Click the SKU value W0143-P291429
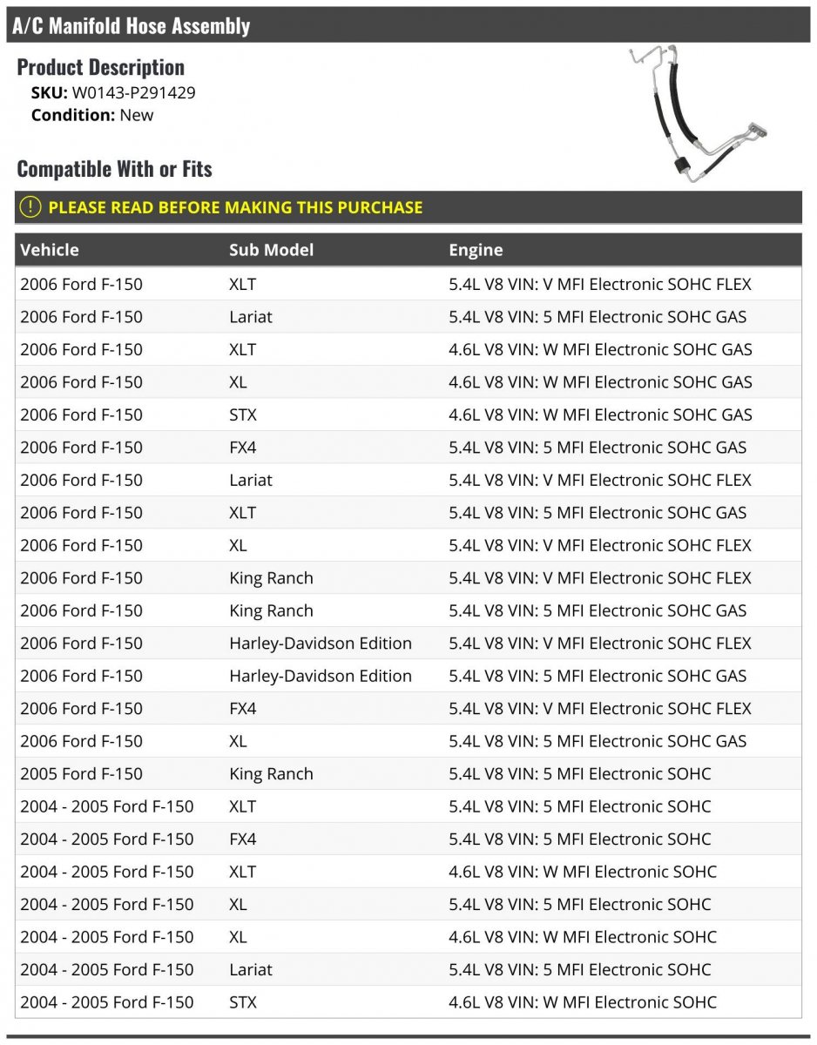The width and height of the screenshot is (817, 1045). pos(133,92)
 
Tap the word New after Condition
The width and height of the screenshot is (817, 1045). pos(136,115)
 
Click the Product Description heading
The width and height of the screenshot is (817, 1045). pos(100,67)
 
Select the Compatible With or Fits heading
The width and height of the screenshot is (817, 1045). pos(114,168)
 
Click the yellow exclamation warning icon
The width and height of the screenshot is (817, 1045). pos(30,207)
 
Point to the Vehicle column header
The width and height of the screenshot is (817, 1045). pos(50,250)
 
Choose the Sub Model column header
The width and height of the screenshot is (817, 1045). pos(271,250)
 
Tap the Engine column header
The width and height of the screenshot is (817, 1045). pos(476,250)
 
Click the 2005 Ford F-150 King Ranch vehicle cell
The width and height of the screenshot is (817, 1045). pos(81,774)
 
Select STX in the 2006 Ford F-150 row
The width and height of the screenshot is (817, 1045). pos(243,415)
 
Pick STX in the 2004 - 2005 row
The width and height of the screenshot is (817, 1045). pos(243,1002)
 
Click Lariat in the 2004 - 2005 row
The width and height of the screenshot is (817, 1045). pos(251,970)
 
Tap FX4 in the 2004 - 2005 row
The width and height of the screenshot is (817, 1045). pos(243,839)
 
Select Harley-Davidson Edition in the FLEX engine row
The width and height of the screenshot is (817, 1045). pos(321,644)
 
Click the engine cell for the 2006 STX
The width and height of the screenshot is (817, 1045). pos(600,415)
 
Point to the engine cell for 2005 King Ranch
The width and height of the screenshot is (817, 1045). pos(579,774)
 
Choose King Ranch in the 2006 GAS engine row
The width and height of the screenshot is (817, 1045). pos(271,611)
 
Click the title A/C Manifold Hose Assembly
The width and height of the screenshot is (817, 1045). pos(132,25)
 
